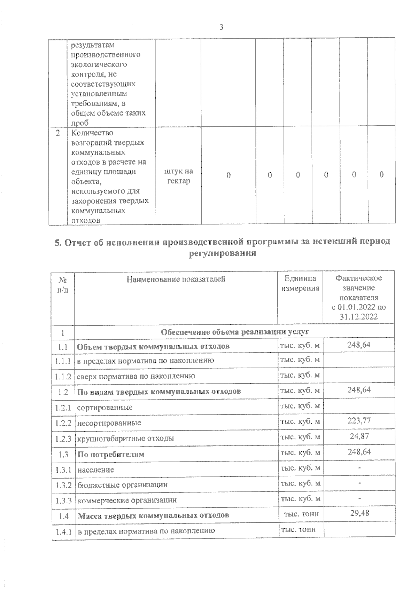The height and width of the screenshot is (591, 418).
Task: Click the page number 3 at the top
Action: coord(222,27)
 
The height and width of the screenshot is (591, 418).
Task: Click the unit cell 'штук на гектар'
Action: coord(178,176)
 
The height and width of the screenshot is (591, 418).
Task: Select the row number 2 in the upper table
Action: coord(58,133)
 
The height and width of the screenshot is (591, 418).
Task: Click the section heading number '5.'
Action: coord(58,243)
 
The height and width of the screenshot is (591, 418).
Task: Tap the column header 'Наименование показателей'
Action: coord(176,279)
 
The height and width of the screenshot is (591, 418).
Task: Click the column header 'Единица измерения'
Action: coord(300,283)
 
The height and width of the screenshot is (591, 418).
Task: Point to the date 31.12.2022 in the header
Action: coord(359,317)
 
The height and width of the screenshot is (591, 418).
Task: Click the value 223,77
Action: coord(359,421)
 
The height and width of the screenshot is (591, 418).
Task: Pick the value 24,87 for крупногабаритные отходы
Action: coord(359,436)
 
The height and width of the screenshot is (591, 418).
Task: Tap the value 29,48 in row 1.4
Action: coord(359,513)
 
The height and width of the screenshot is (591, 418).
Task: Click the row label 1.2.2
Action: coord(63,423)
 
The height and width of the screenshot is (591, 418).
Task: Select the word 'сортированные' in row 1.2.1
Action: coord(104,407)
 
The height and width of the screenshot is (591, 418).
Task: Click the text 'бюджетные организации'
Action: coord(122,484)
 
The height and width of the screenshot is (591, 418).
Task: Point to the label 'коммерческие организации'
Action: coord(127,500)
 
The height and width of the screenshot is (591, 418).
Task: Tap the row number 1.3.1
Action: coord(63,470)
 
